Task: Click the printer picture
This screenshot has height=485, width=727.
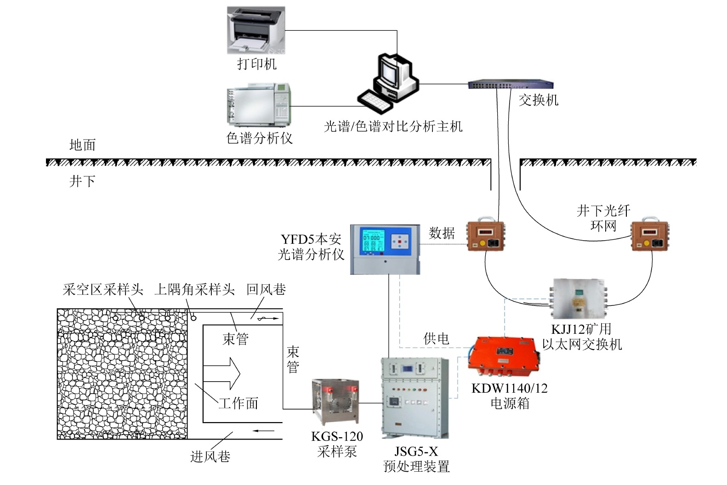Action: [256, 30]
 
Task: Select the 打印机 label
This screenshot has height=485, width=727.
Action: [257, 64]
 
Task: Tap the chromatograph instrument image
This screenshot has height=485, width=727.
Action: [258, 105]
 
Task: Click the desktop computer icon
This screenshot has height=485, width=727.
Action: [388, 82]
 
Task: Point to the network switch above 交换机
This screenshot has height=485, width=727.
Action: [511, 85]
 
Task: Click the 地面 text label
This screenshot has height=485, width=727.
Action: [83, 145]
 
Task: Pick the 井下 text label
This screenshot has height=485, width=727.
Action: [82, 181]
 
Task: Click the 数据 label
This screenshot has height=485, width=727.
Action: [442, 233]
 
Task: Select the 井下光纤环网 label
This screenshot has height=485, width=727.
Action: [603, 218]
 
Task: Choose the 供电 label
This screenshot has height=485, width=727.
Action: [436, 338]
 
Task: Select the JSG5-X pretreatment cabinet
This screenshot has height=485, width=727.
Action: [415, 397]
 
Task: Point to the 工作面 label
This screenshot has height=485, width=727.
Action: [238, 403]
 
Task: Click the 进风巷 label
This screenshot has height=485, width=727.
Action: [210, 456]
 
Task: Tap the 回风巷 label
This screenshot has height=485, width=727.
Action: [266, 289]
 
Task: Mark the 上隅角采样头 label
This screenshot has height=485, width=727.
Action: [194, 289]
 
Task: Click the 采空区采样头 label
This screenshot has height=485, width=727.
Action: [103, 289]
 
